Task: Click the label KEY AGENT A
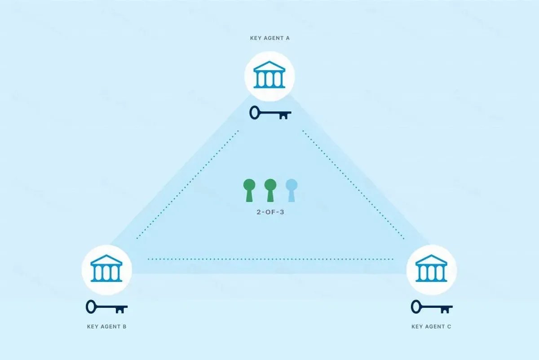pos(270,38)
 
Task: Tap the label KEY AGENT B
pos(106,327)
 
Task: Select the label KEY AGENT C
pos(431,327)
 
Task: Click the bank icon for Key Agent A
pos(269,75)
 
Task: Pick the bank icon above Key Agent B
pos(106,268)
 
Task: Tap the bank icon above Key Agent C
pos(431,268)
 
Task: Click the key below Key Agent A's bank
pos(270,113)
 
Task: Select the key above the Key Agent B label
pos(106,307)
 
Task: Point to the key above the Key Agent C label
pos(432,307)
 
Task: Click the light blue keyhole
pos(292,190)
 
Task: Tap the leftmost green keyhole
pos(249,190)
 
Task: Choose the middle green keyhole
pos(270,190)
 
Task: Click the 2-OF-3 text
pos(270,212)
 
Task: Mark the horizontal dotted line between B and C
pos(270,259)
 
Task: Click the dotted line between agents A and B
pos(187,184)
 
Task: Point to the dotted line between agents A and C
pos(353,184)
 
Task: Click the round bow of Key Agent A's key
pos(254,113)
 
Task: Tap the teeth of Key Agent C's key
pos(445,311)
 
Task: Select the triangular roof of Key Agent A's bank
pos(269,66)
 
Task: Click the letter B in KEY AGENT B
pos(125,327)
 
